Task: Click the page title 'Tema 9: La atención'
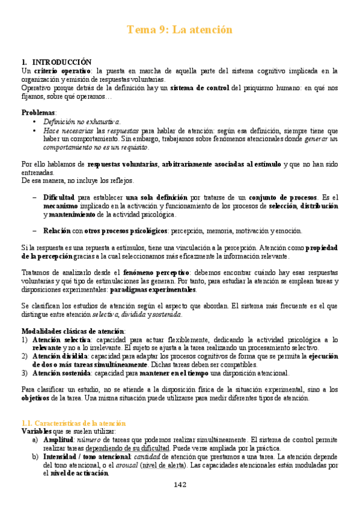point(180,29)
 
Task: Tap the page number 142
point(180,485)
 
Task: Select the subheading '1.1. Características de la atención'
point(74,423)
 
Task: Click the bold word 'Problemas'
point(39,112)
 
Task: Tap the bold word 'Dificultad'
point(59,197)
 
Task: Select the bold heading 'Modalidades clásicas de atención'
point(73,331)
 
